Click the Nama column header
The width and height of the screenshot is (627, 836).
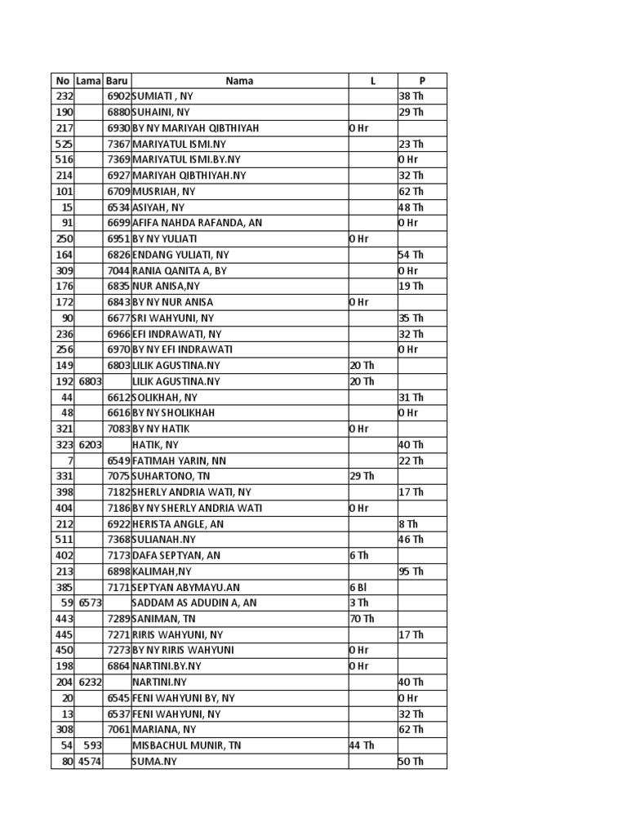pos(239,81)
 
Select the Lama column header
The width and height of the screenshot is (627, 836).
pos(88,81)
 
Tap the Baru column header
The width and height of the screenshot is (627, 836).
pos(117,81)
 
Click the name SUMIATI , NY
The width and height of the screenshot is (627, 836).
pos(162,96)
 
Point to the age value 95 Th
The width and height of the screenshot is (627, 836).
pos(411,571)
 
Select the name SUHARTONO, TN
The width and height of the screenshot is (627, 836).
pos(171,477)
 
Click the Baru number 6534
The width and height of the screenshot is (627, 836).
pos(118,207)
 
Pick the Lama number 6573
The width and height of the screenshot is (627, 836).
pos(90,603)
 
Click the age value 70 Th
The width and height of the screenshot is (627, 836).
pos(362,619)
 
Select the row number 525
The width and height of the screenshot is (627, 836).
pos(64,144)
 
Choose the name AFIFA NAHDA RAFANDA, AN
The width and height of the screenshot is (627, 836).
pos(197,223)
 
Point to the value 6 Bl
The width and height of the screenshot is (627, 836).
pos(358,588)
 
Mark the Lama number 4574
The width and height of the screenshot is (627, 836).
pos(90,762)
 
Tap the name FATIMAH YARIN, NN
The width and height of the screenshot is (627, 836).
pos(179,461)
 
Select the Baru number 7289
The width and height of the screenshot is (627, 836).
pos(118,619)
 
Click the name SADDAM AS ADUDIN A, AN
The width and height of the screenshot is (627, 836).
pos(194,603)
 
